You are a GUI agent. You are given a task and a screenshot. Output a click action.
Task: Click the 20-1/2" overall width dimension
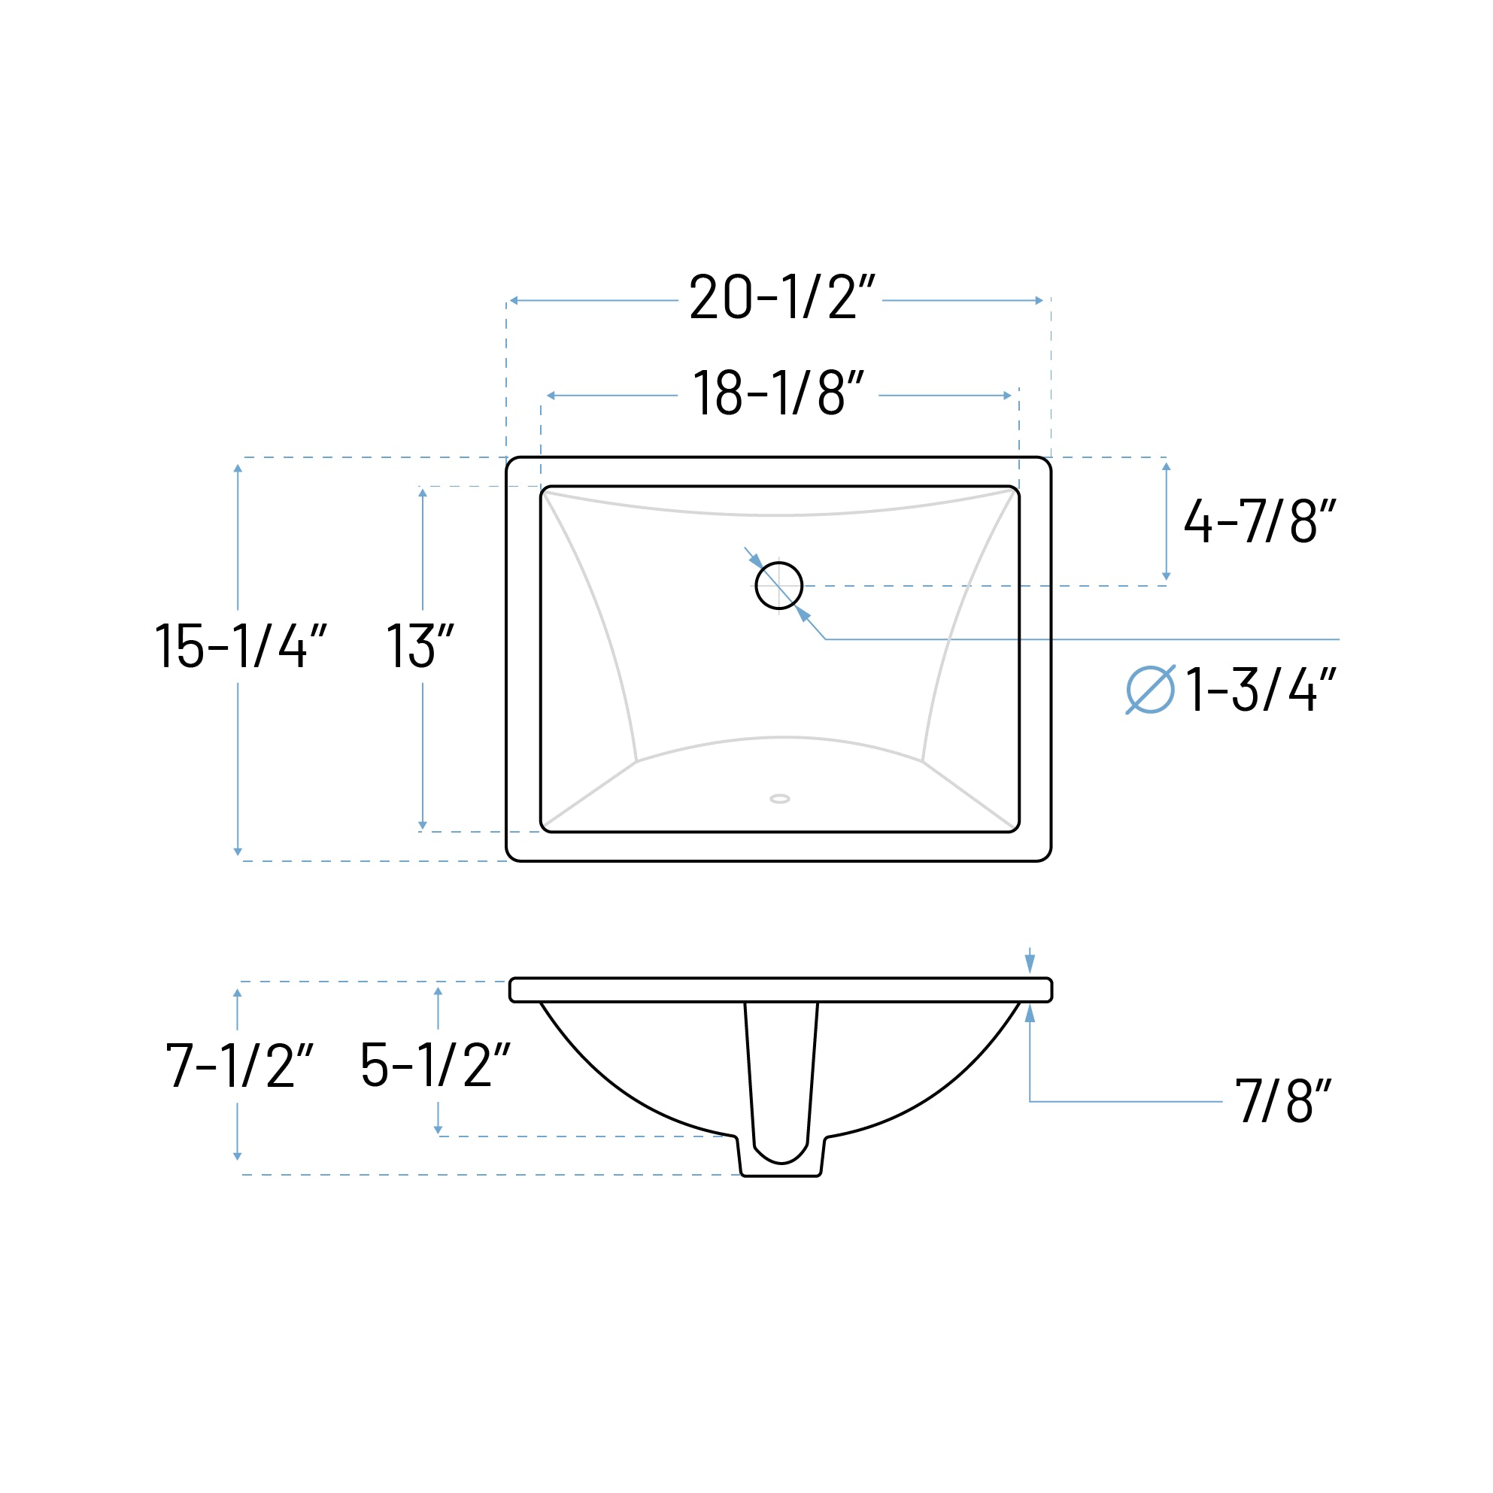781,297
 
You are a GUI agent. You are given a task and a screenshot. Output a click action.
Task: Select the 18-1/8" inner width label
778,393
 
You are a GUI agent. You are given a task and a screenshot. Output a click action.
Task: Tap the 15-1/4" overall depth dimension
241,645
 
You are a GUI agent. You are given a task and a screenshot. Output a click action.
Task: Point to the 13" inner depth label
420,645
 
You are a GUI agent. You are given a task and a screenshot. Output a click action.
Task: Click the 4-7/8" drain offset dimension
1260,520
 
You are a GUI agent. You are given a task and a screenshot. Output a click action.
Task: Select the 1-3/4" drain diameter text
1261,689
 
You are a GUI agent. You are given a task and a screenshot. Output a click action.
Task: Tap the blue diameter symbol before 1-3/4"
1150,689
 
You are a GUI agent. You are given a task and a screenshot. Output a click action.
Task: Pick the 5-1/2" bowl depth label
435,1065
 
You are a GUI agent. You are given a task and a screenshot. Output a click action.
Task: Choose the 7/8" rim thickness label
1284,1100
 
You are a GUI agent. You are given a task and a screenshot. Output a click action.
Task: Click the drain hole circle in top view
779,586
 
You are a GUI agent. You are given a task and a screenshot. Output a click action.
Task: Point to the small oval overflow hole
780,799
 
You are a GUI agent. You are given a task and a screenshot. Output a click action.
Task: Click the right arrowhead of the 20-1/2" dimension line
1039,301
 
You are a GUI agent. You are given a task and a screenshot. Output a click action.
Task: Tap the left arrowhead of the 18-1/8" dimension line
551,396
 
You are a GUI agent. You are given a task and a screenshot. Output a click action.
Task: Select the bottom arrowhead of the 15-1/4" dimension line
238,852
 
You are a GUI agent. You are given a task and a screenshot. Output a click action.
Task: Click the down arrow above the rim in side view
1030,963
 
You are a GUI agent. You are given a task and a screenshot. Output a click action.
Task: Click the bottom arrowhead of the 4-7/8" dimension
1166,576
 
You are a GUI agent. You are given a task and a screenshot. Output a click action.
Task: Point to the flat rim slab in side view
781,990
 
